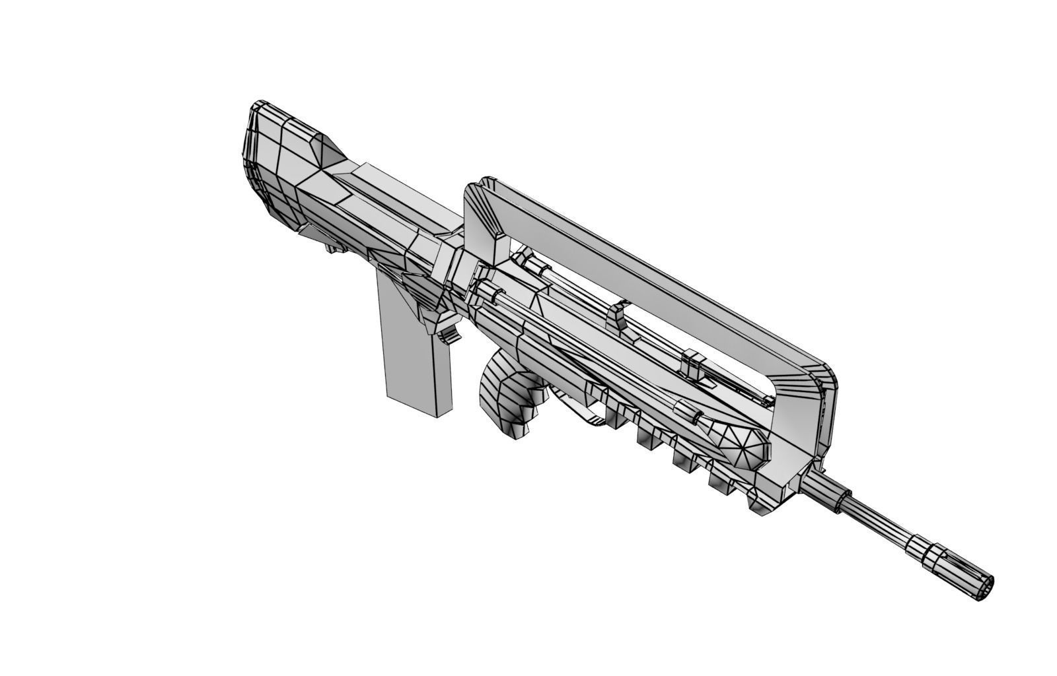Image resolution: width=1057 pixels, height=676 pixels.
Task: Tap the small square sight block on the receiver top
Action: (x=694, y=364)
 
